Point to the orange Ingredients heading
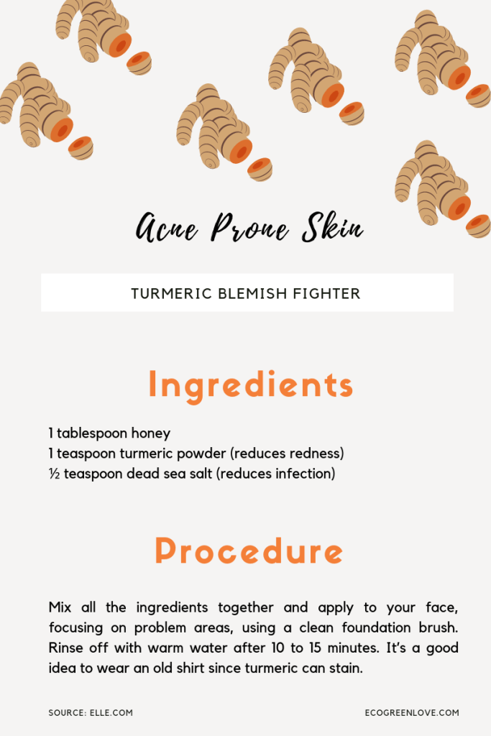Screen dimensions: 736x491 coord(250,385)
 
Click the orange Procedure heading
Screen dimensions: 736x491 coord(249,551)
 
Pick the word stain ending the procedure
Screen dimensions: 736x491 coord(344,668)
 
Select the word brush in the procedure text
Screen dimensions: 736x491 coord(439,627)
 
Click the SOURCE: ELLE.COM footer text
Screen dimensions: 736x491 coord(91,713)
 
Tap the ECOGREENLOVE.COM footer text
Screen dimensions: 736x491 coord(411,713)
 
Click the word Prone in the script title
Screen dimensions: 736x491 coord(249,228)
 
